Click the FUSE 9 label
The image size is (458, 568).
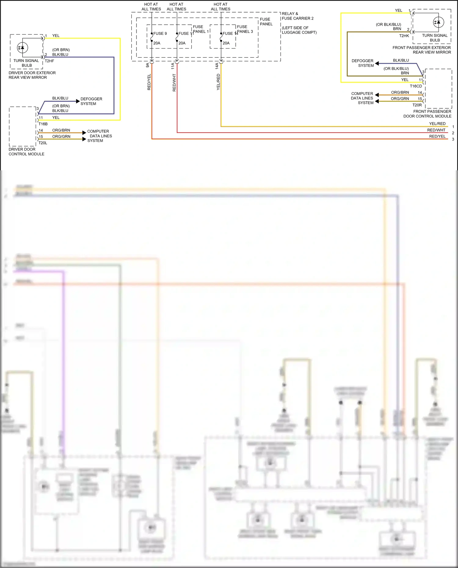click(x=160, y=34)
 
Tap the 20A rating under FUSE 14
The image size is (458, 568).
click(x=226, y=43)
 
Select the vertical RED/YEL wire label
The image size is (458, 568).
click(x=149, y=82)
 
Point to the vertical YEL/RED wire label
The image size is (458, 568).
click(x=218, y=82)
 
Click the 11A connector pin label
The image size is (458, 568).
click(x=173, y=66)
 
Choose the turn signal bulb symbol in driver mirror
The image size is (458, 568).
click(x=23, y=48)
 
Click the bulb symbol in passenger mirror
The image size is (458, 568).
click(x=438, y=22)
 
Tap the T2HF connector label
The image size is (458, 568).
click(x=49, y=61)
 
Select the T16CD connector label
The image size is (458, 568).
click(x=416, y=86)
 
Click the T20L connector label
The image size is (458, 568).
click(x=43, y=143)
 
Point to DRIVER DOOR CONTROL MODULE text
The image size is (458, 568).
click(x=26, y=152)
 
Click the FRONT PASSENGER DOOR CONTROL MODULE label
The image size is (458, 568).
click(x=427, y=114)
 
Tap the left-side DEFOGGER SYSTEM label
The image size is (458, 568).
click(x=91, y=101)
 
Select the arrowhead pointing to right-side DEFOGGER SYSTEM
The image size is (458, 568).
click(x=377, y=63)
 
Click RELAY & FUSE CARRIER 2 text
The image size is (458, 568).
click(x=297, y=16)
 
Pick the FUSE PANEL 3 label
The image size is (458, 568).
click(x=245, y=29)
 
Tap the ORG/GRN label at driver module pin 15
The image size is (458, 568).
click(x=61, y=136)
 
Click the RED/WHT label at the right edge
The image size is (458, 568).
click(x=436, y=130)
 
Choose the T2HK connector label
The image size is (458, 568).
click(x=404, y=36)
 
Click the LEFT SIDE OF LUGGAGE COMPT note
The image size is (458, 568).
click(x=299, y=30)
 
